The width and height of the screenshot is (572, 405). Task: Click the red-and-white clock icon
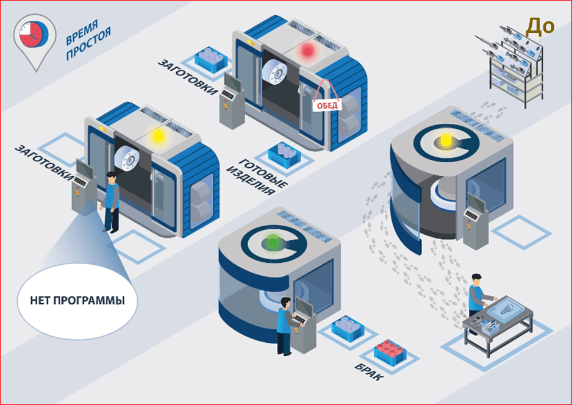tap(34, 35)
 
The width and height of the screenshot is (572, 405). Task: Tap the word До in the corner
tap(540, 26)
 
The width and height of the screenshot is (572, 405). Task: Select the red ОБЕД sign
tap(327, 106)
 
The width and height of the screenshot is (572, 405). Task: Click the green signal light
tap(272, 242)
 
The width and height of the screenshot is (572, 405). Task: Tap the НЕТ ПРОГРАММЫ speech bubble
tap(77, 301)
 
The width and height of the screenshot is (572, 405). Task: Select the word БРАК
tap(370, 371)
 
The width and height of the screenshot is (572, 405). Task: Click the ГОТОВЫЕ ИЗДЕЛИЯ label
tap(257, 177)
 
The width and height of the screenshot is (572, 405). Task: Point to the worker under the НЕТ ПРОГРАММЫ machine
tap(110, 202)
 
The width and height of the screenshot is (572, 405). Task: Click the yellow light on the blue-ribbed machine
tap(158, 136)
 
